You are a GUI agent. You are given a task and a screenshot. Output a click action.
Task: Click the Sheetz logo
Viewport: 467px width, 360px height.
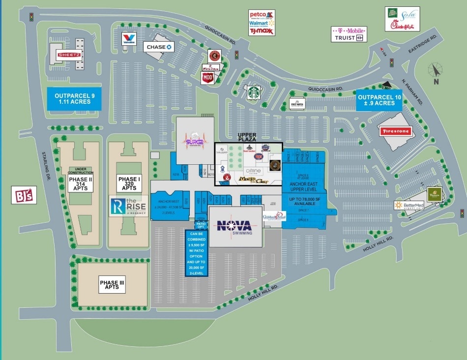(x=69, y=55)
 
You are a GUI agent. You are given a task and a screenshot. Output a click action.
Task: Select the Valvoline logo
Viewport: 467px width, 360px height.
(x=129, y=39)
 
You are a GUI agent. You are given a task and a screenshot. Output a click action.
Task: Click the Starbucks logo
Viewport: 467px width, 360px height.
(x=254, y=92)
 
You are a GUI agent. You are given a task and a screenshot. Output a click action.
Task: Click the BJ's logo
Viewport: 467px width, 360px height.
(x=24, y=195)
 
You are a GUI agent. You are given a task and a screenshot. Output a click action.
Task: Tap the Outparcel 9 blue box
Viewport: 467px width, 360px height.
(x=74, y=99)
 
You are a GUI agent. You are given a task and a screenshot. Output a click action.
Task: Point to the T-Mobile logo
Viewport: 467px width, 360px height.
(x=349, y=30)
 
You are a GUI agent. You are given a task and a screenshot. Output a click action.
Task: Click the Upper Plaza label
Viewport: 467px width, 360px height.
(x=248, y=137)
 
